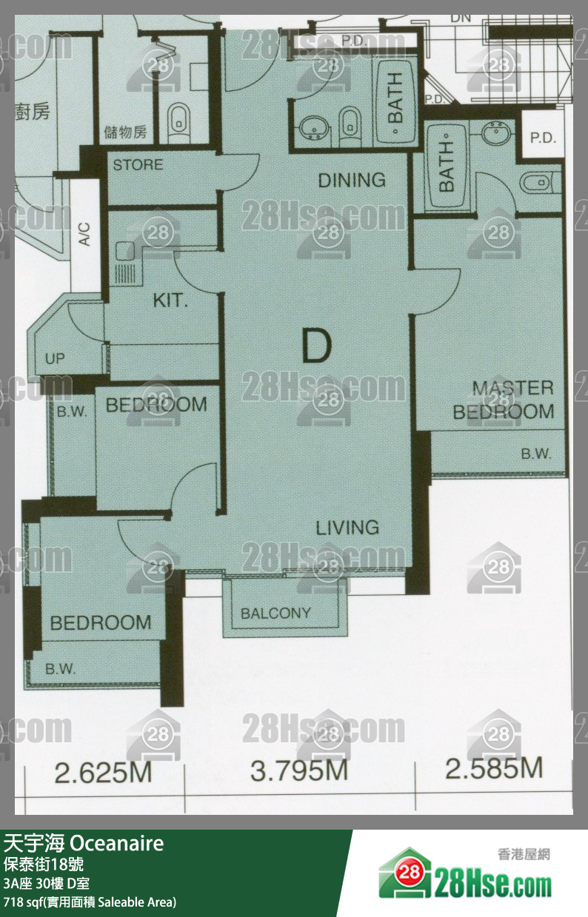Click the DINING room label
352,180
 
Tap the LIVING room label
347,528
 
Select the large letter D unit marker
317,346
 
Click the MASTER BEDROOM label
504,400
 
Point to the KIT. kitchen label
170,301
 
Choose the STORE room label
138,165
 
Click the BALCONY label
275,613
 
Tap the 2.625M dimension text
103,773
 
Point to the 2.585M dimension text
494,768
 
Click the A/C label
84,234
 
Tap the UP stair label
55,359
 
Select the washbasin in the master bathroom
497,132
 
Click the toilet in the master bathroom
540,183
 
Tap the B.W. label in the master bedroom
536,454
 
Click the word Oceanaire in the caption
117,844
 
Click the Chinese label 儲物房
125,132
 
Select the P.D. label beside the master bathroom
543,138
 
